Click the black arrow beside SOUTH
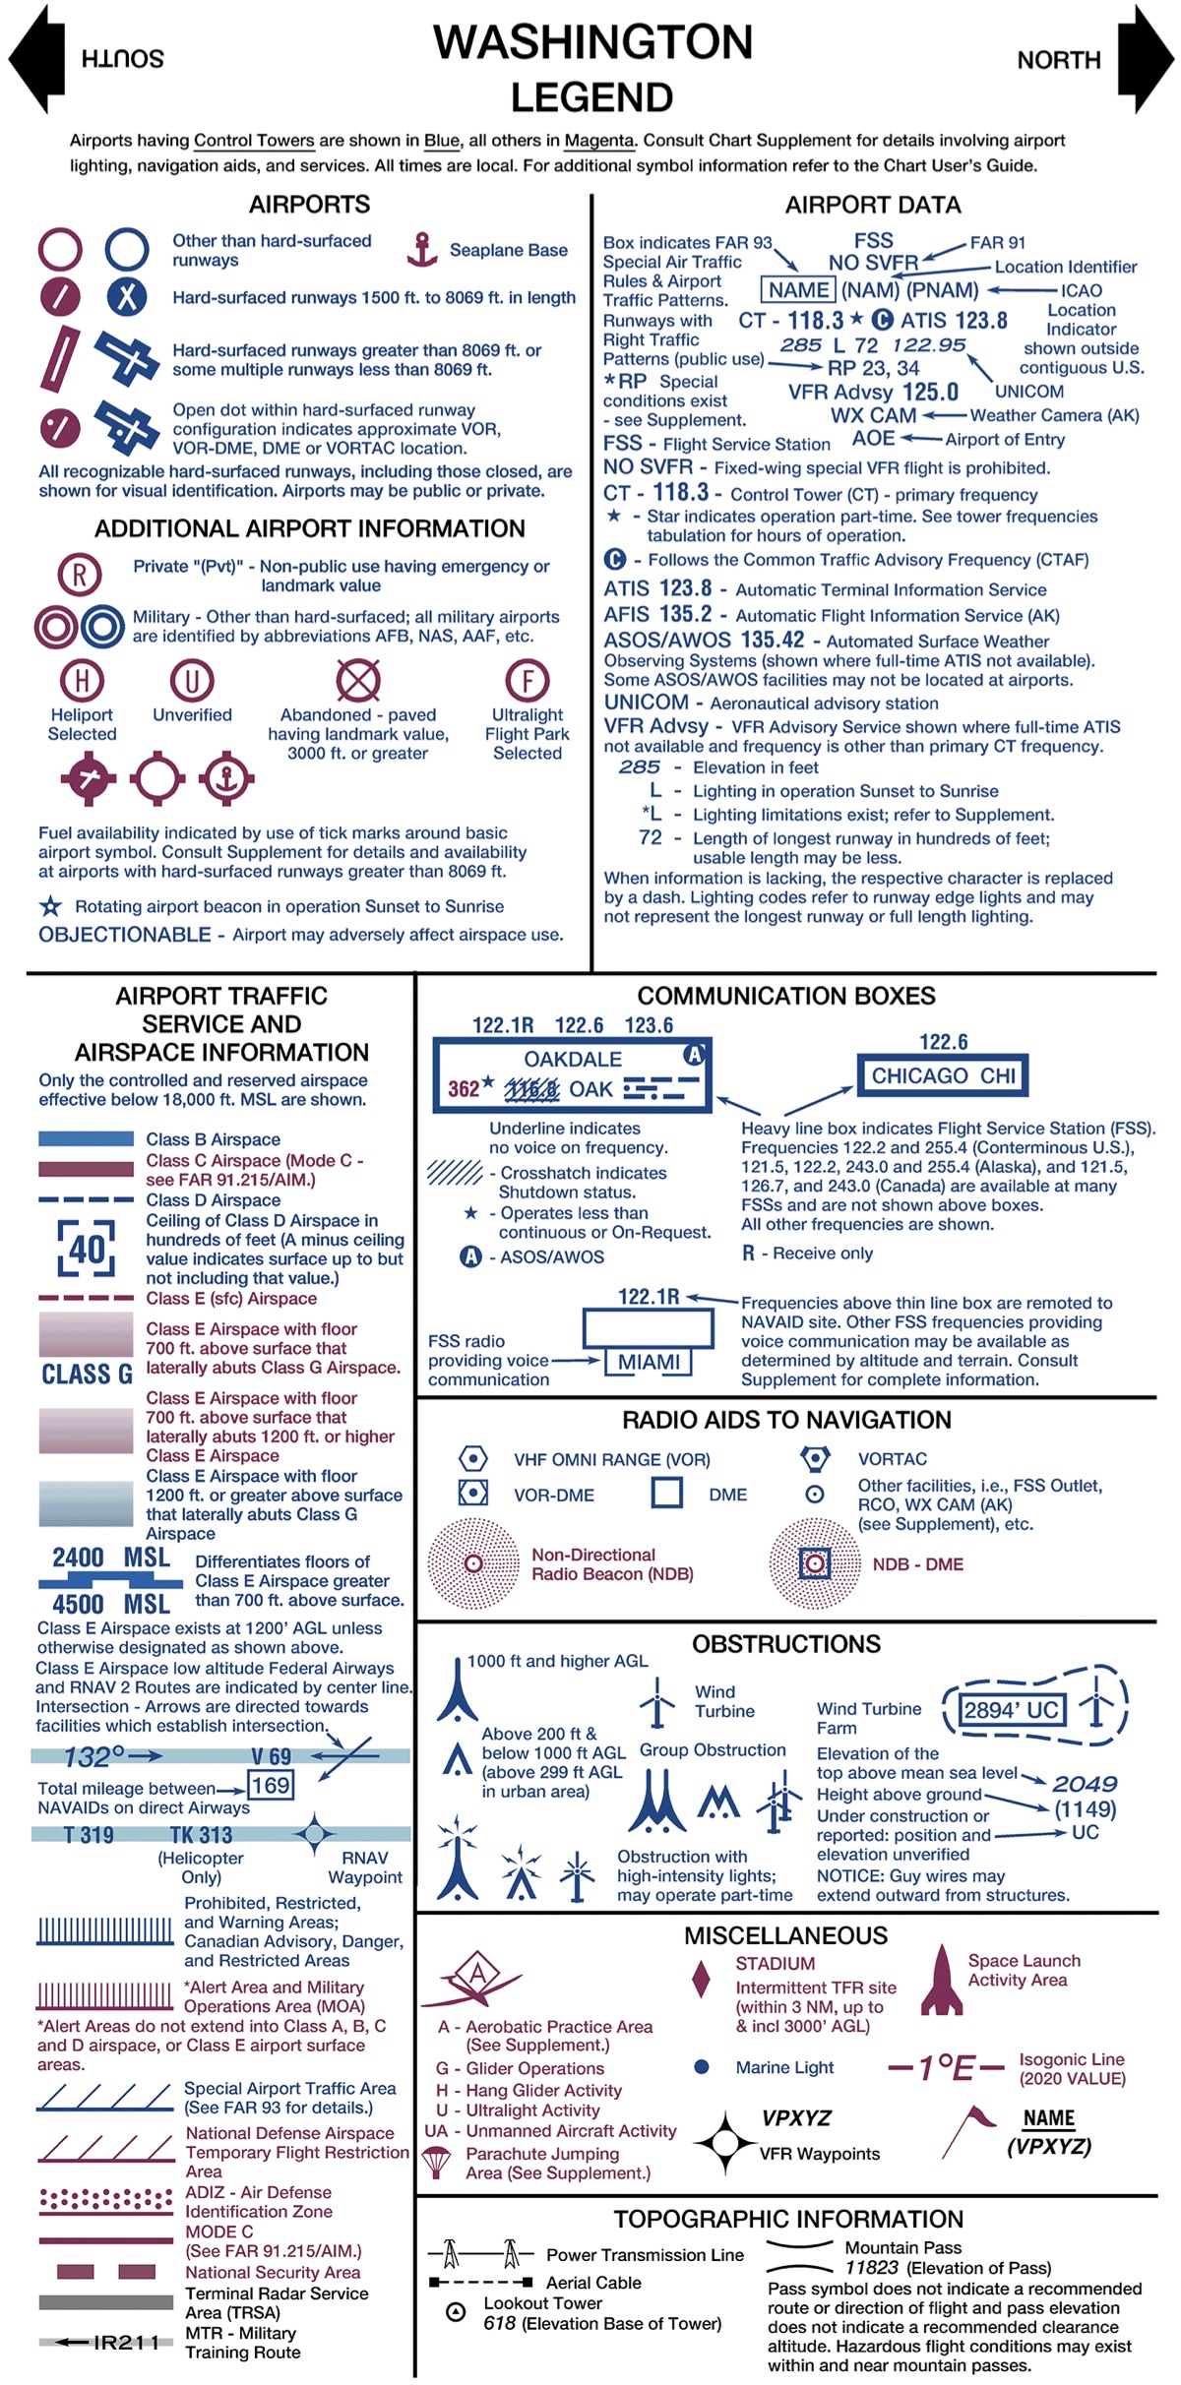[36, 59]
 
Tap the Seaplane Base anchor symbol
[421, 250]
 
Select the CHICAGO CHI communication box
[943, 1075]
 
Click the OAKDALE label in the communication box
[573, 1059]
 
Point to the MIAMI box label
[649, 1362]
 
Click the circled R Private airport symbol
[80, 575]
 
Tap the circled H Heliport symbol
[82, 680]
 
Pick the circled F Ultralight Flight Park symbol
[528, 680]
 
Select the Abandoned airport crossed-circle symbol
[358, 680]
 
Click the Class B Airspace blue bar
[86, 1138]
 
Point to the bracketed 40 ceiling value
[86, 1250]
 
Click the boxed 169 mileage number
[270, 1786]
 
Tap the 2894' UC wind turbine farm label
[1011, 1710]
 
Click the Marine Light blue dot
[702, 2067]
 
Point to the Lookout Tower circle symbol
[456, 2312]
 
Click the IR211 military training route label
[125, 2342]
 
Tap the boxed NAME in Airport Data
[798, 290]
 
